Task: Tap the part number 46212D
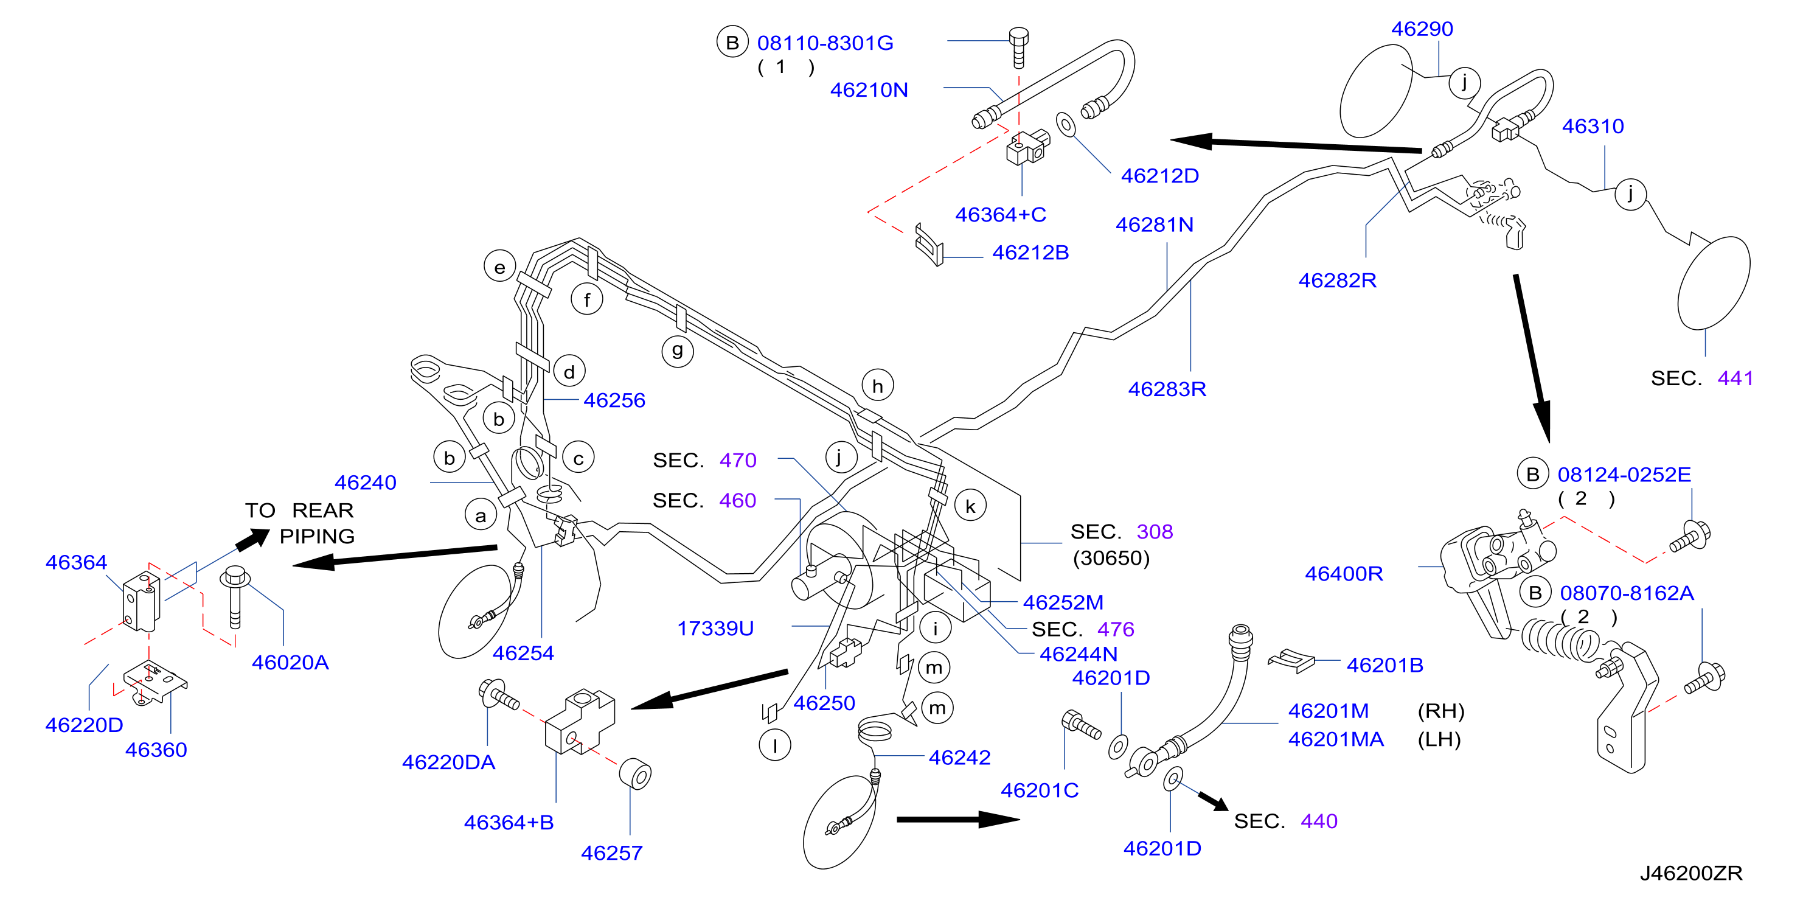1159,176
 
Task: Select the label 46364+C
1000,214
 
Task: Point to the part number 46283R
1167,389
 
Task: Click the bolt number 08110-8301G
825,43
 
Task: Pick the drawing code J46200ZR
1690,873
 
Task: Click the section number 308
1155,531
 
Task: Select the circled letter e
499,267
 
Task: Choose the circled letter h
877,385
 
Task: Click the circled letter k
971,506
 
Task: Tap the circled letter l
774,745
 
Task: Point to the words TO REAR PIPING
300,523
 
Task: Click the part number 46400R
1344,574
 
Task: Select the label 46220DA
448,762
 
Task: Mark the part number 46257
611,853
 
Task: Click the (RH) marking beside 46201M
1441,711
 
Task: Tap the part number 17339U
715,628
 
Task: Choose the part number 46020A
290,663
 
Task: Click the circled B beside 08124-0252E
1533,474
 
